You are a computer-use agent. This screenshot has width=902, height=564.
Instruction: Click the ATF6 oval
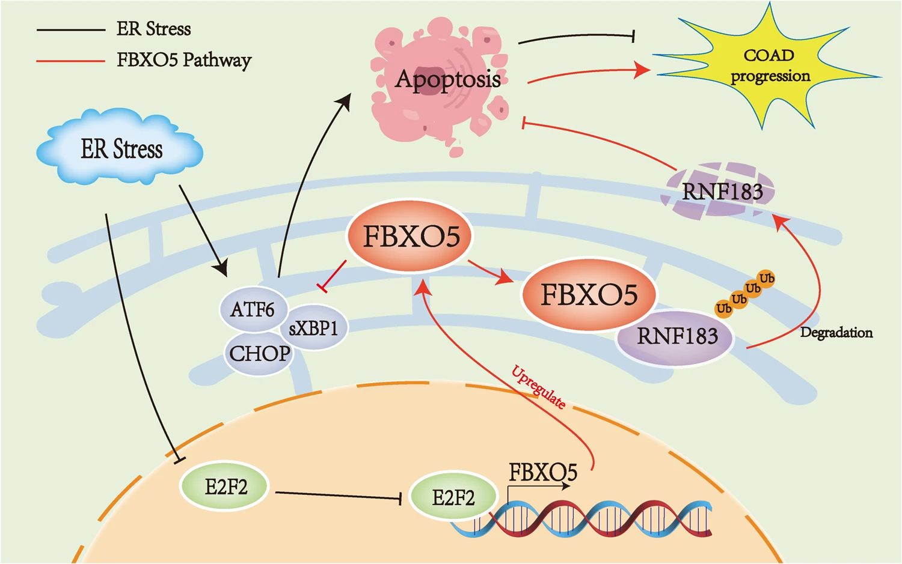point(251,309)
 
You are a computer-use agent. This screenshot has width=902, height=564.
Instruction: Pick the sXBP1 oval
point(314,329)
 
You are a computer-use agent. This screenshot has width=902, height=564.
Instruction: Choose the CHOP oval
point(259,354)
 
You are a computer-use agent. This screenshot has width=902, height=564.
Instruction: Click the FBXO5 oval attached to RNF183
point(589,295)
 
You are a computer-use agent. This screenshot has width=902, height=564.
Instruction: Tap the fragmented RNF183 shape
point(719,191)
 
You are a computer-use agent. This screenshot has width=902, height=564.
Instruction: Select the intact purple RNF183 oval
point(677,336)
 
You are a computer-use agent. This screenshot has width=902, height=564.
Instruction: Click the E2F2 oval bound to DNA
point(453,498)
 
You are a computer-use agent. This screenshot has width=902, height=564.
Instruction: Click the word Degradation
point(836,333)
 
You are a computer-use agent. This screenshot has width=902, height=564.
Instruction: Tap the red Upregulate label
point(539,387)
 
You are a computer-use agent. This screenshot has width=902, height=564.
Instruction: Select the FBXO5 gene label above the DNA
point(543,472)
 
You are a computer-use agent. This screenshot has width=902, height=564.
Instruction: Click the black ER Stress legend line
point(71,29)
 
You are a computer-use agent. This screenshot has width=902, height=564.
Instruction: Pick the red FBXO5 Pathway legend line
point(71,60)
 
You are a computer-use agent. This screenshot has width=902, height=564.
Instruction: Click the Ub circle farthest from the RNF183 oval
point(767,278)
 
